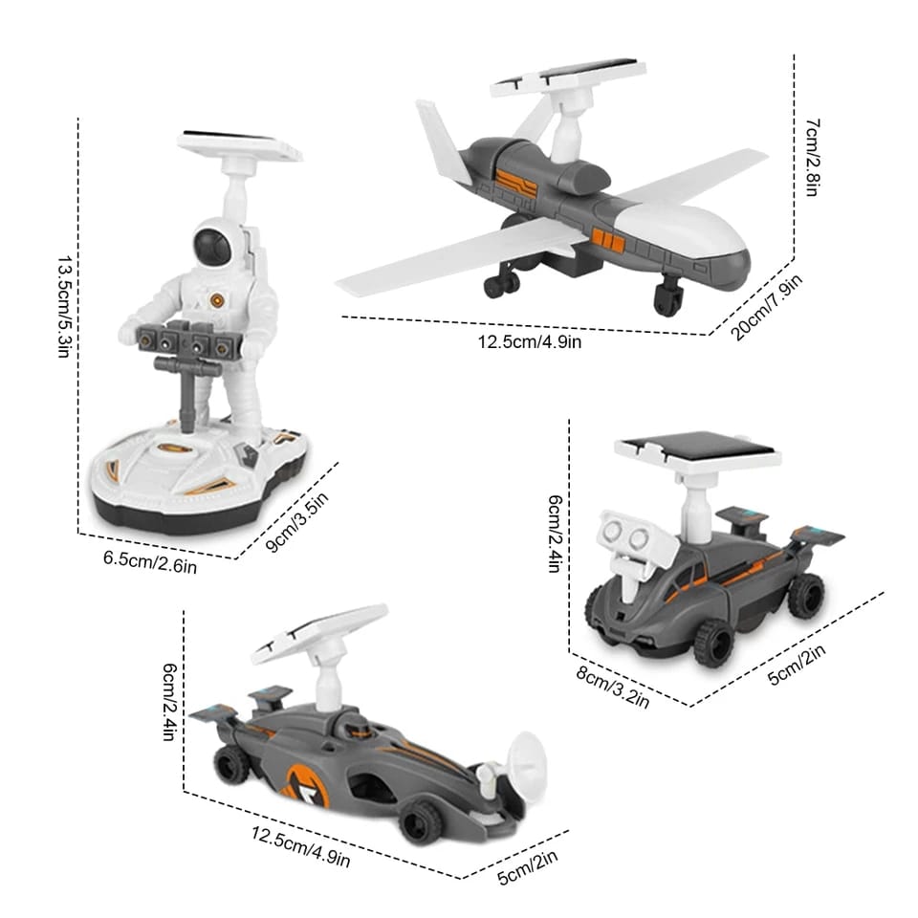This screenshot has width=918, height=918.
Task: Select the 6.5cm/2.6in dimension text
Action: tap(150, 561)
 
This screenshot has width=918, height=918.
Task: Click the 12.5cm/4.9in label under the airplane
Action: tap(530, 340)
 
